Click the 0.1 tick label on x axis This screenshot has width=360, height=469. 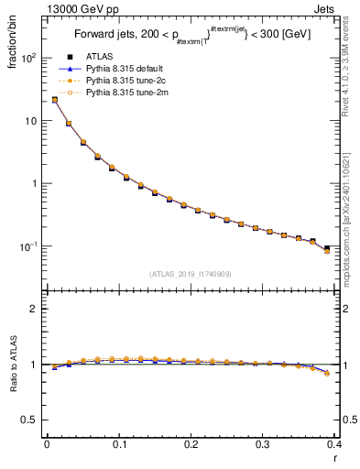[118, 444]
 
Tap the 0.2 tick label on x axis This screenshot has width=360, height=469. [191, 444]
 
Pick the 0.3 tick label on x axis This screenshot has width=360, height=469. [263, 444]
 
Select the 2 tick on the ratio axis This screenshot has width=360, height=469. [37, 309]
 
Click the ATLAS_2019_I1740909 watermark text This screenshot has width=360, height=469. [191, 274]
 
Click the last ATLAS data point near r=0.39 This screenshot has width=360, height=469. [327, 248]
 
